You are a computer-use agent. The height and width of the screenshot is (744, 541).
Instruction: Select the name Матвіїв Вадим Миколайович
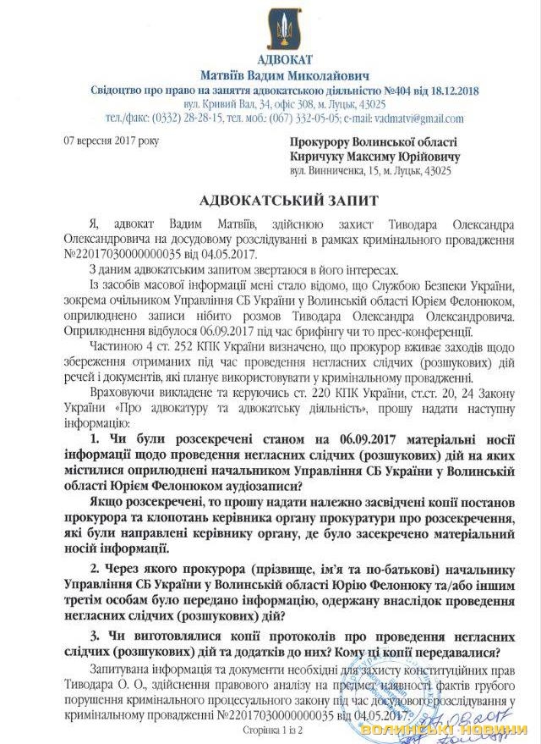click(270, 75)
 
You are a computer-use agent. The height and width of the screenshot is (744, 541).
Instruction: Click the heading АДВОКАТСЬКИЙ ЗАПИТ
click(270, 200)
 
